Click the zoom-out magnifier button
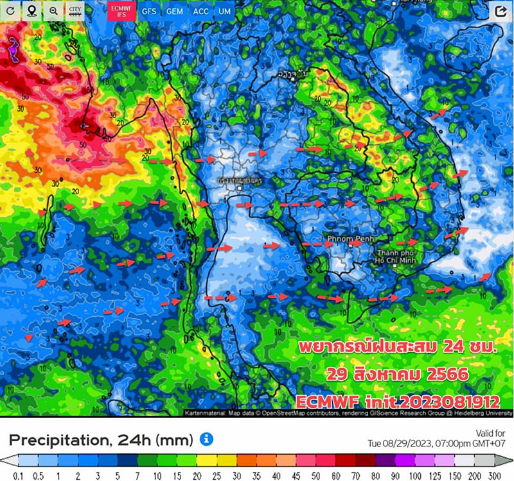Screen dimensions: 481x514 click(54, 11)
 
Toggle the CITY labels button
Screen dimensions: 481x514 click(76, 11)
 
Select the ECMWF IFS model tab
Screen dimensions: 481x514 click(121, 11)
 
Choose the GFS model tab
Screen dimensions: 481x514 click(149, 11)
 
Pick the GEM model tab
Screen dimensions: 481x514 click(173, 11)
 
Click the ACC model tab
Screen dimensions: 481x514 click(200, 11)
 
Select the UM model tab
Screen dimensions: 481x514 click(224, 11)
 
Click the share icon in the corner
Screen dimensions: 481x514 click(500, 12)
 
